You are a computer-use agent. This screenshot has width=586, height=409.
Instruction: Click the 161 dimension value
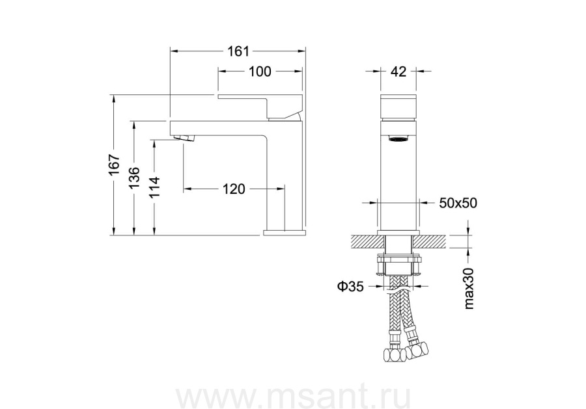point(238,51)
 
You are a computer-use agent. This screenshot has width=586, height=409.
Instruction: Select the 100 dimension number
point(260,72)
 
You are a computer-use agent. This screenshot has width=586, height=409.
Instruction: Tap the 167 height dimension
point(115,165)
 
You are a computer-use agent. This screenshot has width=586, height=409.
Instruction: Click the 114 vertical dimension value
point(154,187)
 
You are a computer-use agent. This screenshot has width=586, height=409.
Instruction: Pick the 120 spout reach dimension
point(234,189)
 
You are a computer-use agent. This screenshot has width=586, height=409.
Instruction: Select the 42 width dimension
point(398,71)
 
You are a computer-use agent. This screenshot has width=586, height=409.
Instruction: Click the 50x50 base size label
point(458,203)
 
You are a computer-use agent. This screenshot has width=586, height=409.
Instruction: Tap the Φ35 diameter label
point(350,286)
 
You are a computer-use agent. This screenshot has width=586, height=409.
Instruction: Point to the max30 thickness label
point(468,289)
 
